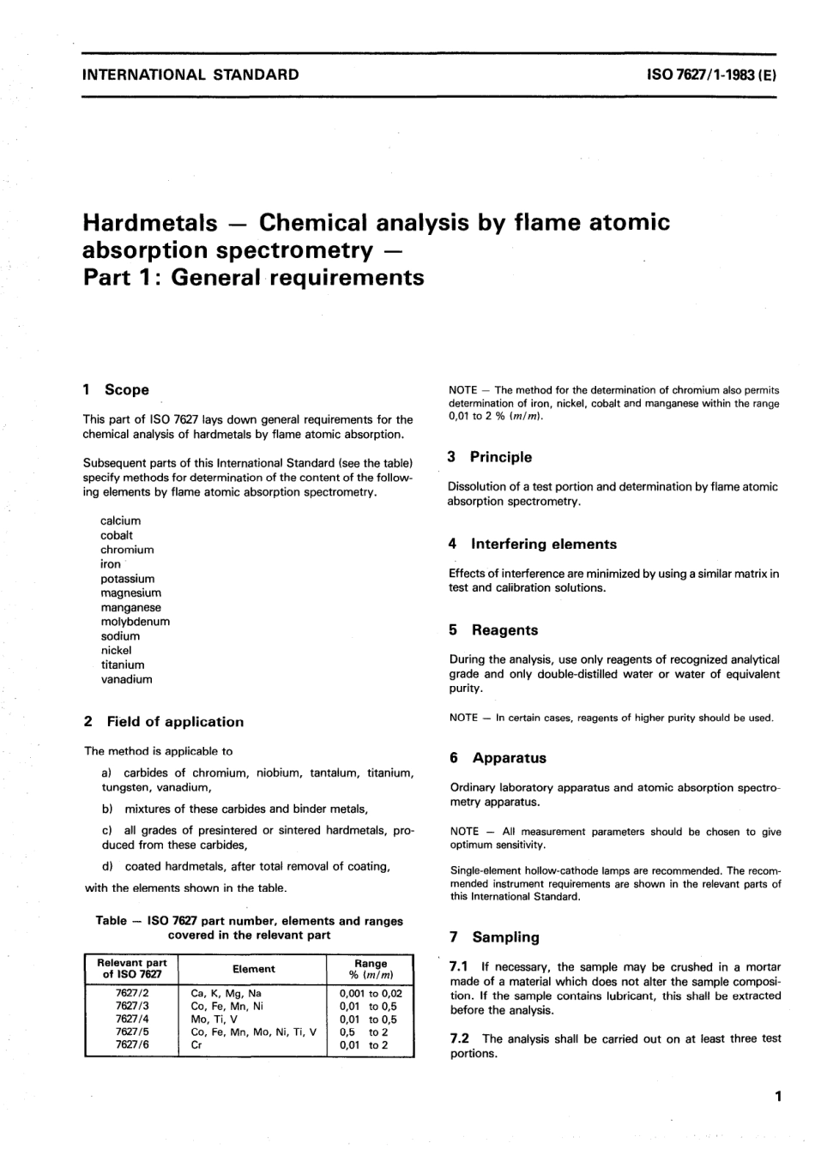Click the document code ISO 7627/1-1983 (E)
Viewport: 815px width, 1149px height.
[711, 75]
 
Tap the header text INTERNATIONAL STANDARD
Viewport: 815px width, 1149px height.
[190, 75]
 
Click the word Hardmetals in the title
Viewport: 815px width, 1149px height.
[149, 223]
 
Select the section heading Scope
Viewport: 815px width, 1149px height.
[126, 390]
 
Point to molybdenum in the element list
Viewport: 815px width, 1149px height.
[136, 622]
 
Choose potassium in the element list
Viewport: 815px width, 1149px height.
[128, 579]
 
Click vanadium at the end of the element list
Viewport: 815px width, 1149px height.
[127, 679]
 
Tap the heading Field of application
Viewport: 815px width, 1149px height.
[175, 722]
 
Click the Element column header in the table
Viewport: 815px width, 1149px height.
[254, 969]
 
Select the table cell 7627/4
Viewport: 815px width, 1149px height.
[132, 1020]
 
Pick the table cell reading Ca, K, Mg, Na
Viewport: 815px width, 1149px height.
[226, 994]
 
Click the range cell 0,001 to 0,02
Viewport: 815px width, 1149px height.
[371, 994]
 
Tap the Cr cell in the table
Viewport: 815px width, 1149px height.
[196, 1045]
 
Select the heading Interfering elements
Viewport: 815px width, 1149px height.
[544, 544]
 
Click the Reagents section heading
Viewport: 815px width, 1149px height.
[504, 630]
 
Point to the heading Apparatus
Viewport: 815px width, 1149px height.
[509, 758]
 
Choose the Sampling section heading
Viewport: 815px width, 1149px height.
[505, 937]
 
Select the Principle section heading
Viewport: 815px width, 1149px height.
[500, 457]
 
